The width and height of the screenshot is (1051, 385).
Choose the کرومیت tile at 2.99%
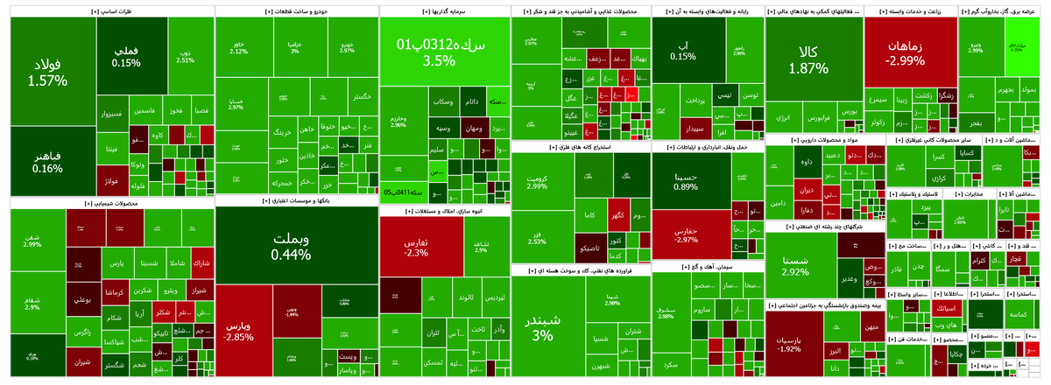[537, 180]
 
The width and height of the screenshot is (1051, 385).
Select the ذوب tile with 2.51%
[185, 56]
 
